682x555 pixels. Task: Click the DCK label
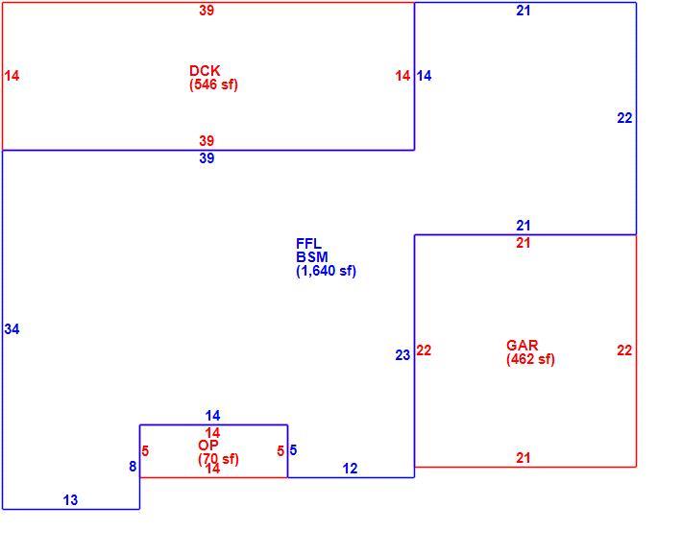(205, 70)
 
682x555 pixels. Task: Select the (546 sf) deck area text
(213, 84)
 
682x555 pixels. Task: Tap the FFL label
(308, 243)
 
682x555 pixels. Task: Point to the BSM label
(312, 256)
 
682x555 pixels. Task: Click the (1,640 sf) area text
(327, 271)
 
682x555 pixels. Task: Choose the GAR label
(522, 346)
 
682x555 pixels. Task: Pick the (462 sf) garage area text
(530, 359)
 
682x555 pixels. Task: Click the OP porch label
(207, 446)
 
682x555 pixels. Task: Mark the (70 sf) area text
(218, 459)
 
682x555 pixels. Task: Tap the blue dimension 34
(12, 329)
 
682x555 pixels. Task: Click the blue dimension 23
(402, 355)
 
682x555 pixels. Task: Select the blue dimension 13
(70, 500)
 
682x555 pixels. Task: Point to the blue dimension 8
(133, 467)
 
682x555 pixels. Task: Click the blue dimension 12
(351, 469)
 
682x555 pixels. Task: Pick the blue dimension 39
(207, 157)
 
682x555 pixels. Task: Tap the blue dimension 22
(624, 118)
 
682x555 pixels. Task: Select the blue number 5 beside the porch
(293, 450)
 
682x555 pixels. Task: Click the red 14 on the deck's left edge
(12, 76)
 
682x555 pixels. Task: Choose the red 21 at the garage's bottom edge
(524, 458)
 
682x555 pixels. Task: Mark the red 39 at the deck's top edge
(207, 10)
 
